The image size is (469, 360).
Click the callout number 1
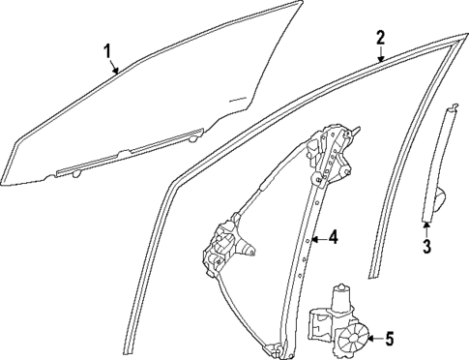(108, 51)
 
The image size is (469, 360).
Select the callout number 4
(332, 236)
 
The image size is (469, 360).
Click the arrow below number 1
(115, 68)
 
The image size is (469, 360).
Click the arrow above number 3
(425, 226)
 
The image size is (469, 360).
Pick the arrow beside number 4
(315, 237)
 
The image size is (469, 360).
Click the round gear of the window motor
(355, 339)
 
